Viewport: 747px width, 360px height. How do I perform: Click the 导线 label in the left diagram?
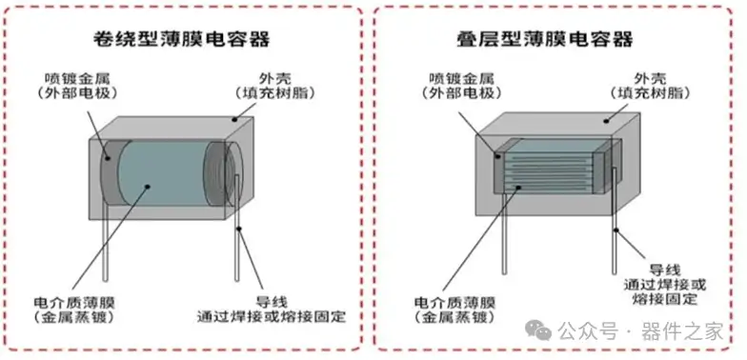pos(271,296)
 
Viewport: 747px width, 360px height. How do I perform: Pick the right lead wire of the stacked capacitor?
pos(616,238)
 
